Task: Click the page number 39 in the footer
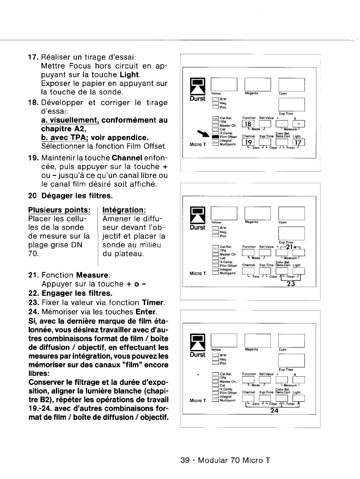coord(185,461)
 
